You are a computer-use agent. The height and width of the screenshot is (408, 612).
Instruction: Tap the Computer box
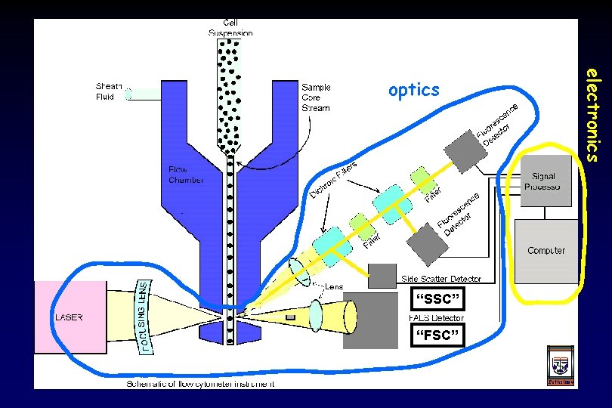click(546, 250)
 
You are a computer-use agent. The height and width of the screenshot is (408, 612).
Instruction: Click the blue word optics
click(413, 91)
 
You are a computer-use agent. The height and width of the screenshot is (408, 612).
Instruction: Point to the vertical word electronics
click(594, 114)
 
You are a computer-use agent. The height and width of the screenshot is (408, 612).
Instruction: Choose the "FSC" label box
click(434, 335)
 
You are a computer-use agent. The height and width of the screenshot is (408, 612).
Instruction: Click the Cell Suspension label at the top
click(231, 28)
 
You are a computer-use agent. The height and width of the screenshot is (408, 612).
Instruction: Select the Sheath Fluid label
click(110, 91)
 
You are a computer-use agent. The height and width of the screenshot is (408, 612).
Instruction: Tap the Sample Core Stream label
click(317, 97)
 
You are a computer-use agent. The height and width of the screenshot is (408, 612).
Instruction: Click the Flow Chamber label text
click(185, 175)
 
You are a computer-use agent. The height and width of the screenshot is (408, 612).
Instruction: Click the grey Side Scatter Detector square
click(382, 276)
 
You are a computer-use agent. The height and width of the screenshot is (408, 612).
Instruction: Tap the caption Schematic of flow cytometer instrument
click(199, 384)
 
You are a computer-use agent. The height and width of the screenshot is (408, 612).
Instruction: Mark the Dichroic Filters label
click(333, 181)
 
